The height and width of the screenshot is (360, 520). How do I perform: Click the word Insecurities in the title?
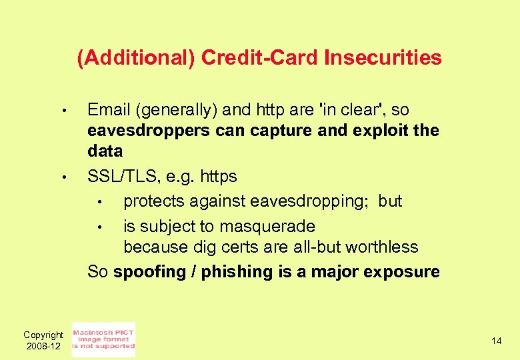pyautogui.click(x=383, y=58)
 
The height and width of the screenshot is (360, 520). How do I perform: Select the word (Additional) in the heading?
pyautogui.click(x=136, y=58)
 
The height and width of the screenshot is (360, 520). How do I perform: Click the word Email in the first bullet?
pyautogui.click(x=109, y=109)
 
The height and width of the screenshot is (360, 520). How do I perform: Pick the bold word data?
pyautogui.click(x=105, y=151)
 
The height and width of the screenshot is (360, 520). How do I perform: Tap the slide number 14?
pyautogui.click(x=496, y=341)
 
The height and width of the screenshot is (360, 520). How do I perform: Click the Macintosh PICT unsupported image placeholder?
pyautogui.click(x=103, y=339)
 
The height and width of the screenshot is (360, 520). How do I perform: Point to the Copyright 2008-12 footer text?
pyautogui.click(x=43, y=340)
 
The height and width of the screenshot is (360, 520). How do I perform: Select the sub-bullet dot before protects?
pyautogui.click(x=99, y=202)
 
